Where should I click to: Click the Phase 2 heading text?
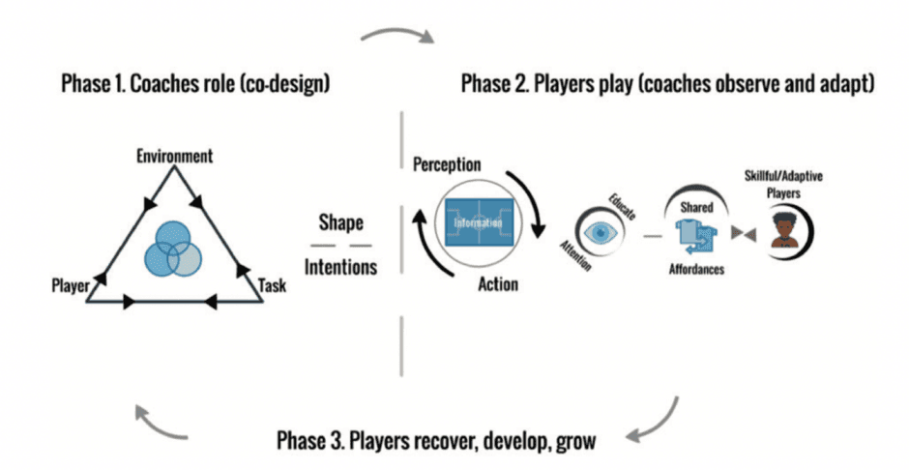tap(667, 83)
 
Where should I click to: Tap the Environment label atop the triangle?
tap(174, 155)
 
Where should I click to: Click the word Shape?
tap(341, 222)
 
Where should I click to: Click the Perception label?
tap(447, 165)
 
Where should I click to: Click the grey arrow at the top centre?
tap(395, 37)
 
